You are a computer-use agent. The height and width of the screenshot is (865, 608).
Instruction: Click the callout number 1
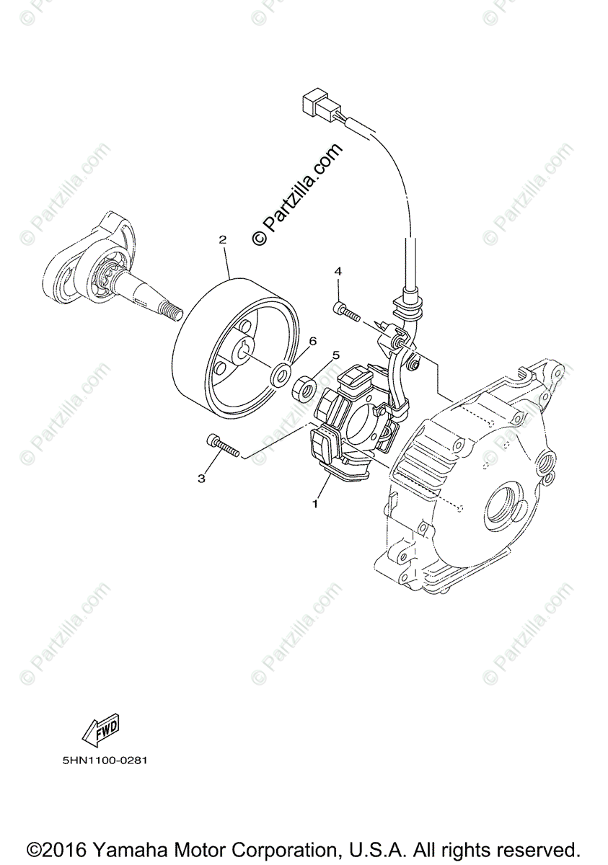coord(315,504)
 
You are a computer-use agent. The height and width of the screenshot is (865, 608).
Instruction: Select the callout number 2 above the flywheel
coord(223,239)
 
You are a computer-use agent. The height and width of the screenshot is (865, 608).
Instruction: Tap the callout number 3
coord(202,478)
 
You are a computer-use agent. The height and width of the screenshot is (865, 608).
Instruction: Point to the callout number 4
coord(338,271)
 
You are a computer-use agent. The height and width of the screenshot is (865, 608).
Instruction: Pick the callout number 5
coord(335,355)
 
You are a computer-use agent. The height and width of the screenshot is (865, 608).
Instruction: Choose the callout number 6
coord(293,340)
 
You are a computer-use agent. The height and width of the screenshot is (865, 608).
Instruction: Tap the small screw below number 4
coord(347,312)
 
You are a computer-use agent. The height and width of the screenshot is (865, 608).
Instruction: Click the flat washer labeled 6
coord(279,376)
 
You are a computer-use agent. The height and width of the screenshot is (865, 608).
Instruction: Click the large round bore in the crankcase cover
coord(507,511)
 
